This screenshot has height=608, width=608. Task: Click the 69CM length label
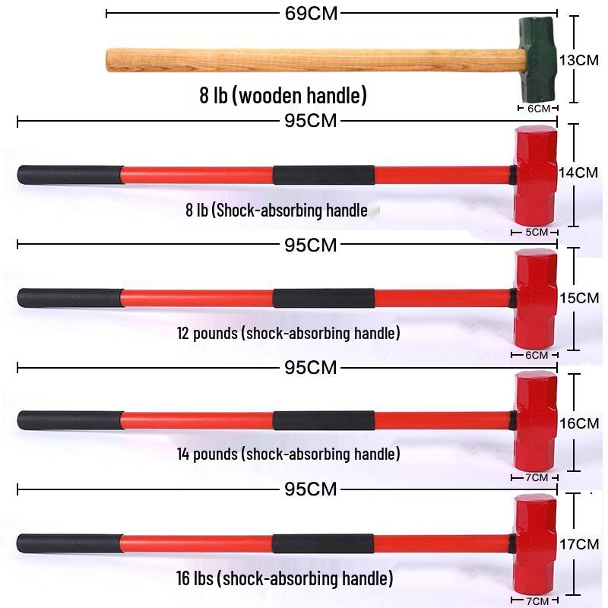pos(311,14)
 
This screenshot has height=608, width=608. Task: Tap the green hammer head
pos(538,60)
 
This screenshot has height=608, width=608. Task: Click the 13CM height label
pos(579,60)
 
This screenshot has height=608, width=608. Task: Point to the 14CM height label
pos(578,173)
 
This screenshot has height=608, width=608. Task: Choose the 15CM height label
pos(579,298)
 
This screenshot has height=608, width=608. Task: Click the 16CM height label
pos(579,423)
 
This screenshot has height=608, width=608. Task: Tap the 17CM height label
pos(579,544)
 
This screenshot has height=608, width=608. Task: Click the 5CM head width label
pos(537,233)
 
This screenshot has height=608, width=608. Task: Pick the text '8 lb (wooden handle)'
pos(283,96)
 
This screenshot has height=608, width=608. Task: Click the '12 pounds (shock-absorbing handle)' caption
pos(289,333)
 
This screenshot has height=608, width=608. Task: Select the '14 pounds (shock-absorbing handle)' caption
pos(289,454)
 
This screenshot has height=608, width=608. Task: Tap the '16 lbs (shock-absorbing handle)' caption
pos(284,578)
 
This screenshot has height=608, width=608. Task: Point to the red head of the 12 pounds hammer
pos(536,299)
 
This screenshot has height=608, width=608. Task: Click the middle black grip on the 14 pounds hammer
pos(324,421)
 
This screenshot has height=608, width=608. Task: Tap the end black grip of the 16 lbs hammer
pos(70,543)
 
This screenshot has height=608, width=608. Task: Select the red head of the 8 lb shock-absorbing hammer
pos(536,176)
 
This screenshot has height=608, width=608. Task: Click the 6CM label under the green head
pos(539,109)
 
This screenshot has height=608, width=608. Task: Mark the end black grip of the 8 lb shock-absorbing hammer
pos(71,175)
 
